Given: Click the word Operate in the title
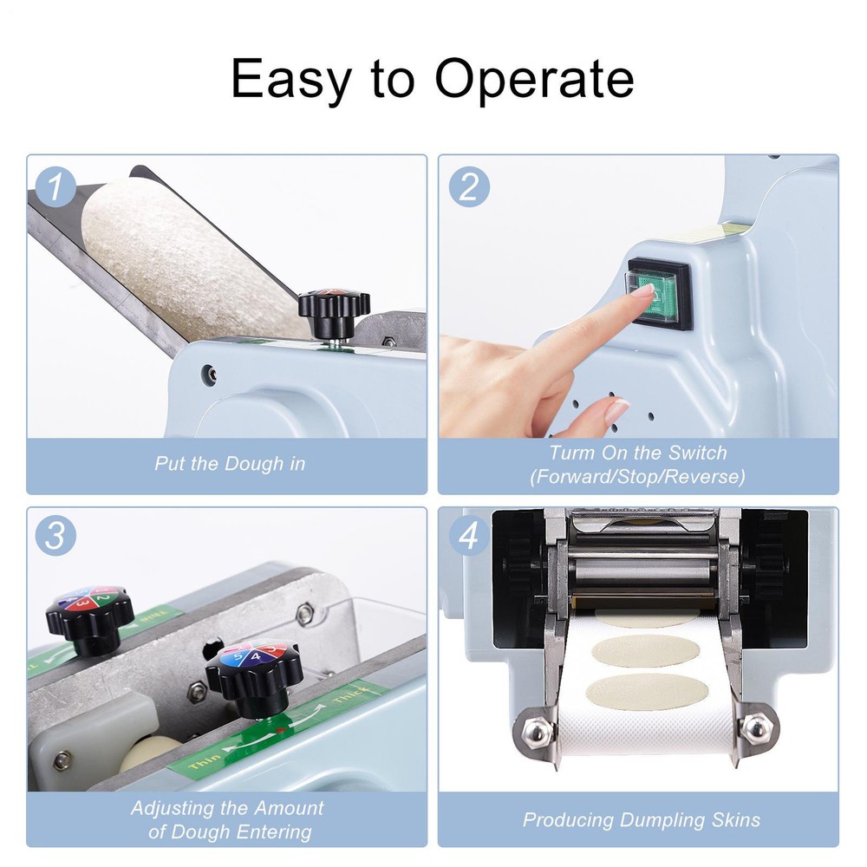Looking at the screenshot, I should click(534, 79).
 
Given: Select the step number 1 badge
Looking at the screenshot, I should click(57, 187).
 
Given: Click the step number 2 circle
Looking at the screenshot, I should click(468, 187).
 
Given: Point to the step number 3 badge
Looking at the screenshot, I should click(57, 537).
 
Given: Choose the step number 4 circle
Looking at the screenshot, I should click(468, 537).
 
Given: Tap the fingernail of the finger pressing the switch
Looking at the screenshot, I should click(642, 291).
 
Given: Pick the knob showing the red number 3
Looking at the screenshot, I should click(89, 612).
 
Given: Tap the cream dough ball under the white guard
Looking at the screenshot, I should click(152, 752).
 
